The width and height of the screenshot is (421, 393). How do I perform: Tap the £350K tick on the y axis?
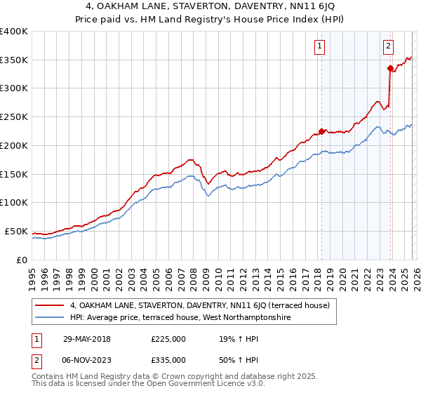[14, 60]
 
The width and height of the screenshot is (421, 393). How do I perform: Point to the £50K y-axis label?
[16, 231]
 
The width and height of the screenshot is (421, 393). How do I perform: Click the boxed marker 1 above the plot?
[320, 47]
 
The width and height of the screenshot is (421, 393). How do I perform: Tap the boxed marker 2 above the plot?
[388, 47]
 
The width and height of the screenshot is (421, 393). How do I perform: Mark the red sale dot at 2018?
[321, 131]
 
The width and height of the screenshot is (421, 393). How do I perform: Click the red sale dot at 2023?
[389, 68]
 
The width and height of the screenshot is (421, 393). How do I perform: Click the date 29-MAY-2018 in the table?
[86, 338]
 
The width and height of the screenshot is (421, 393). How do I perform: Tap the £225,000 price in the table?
[168, 338]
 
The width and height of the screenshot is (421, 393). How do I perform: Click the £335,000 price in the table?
[168, 359]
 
